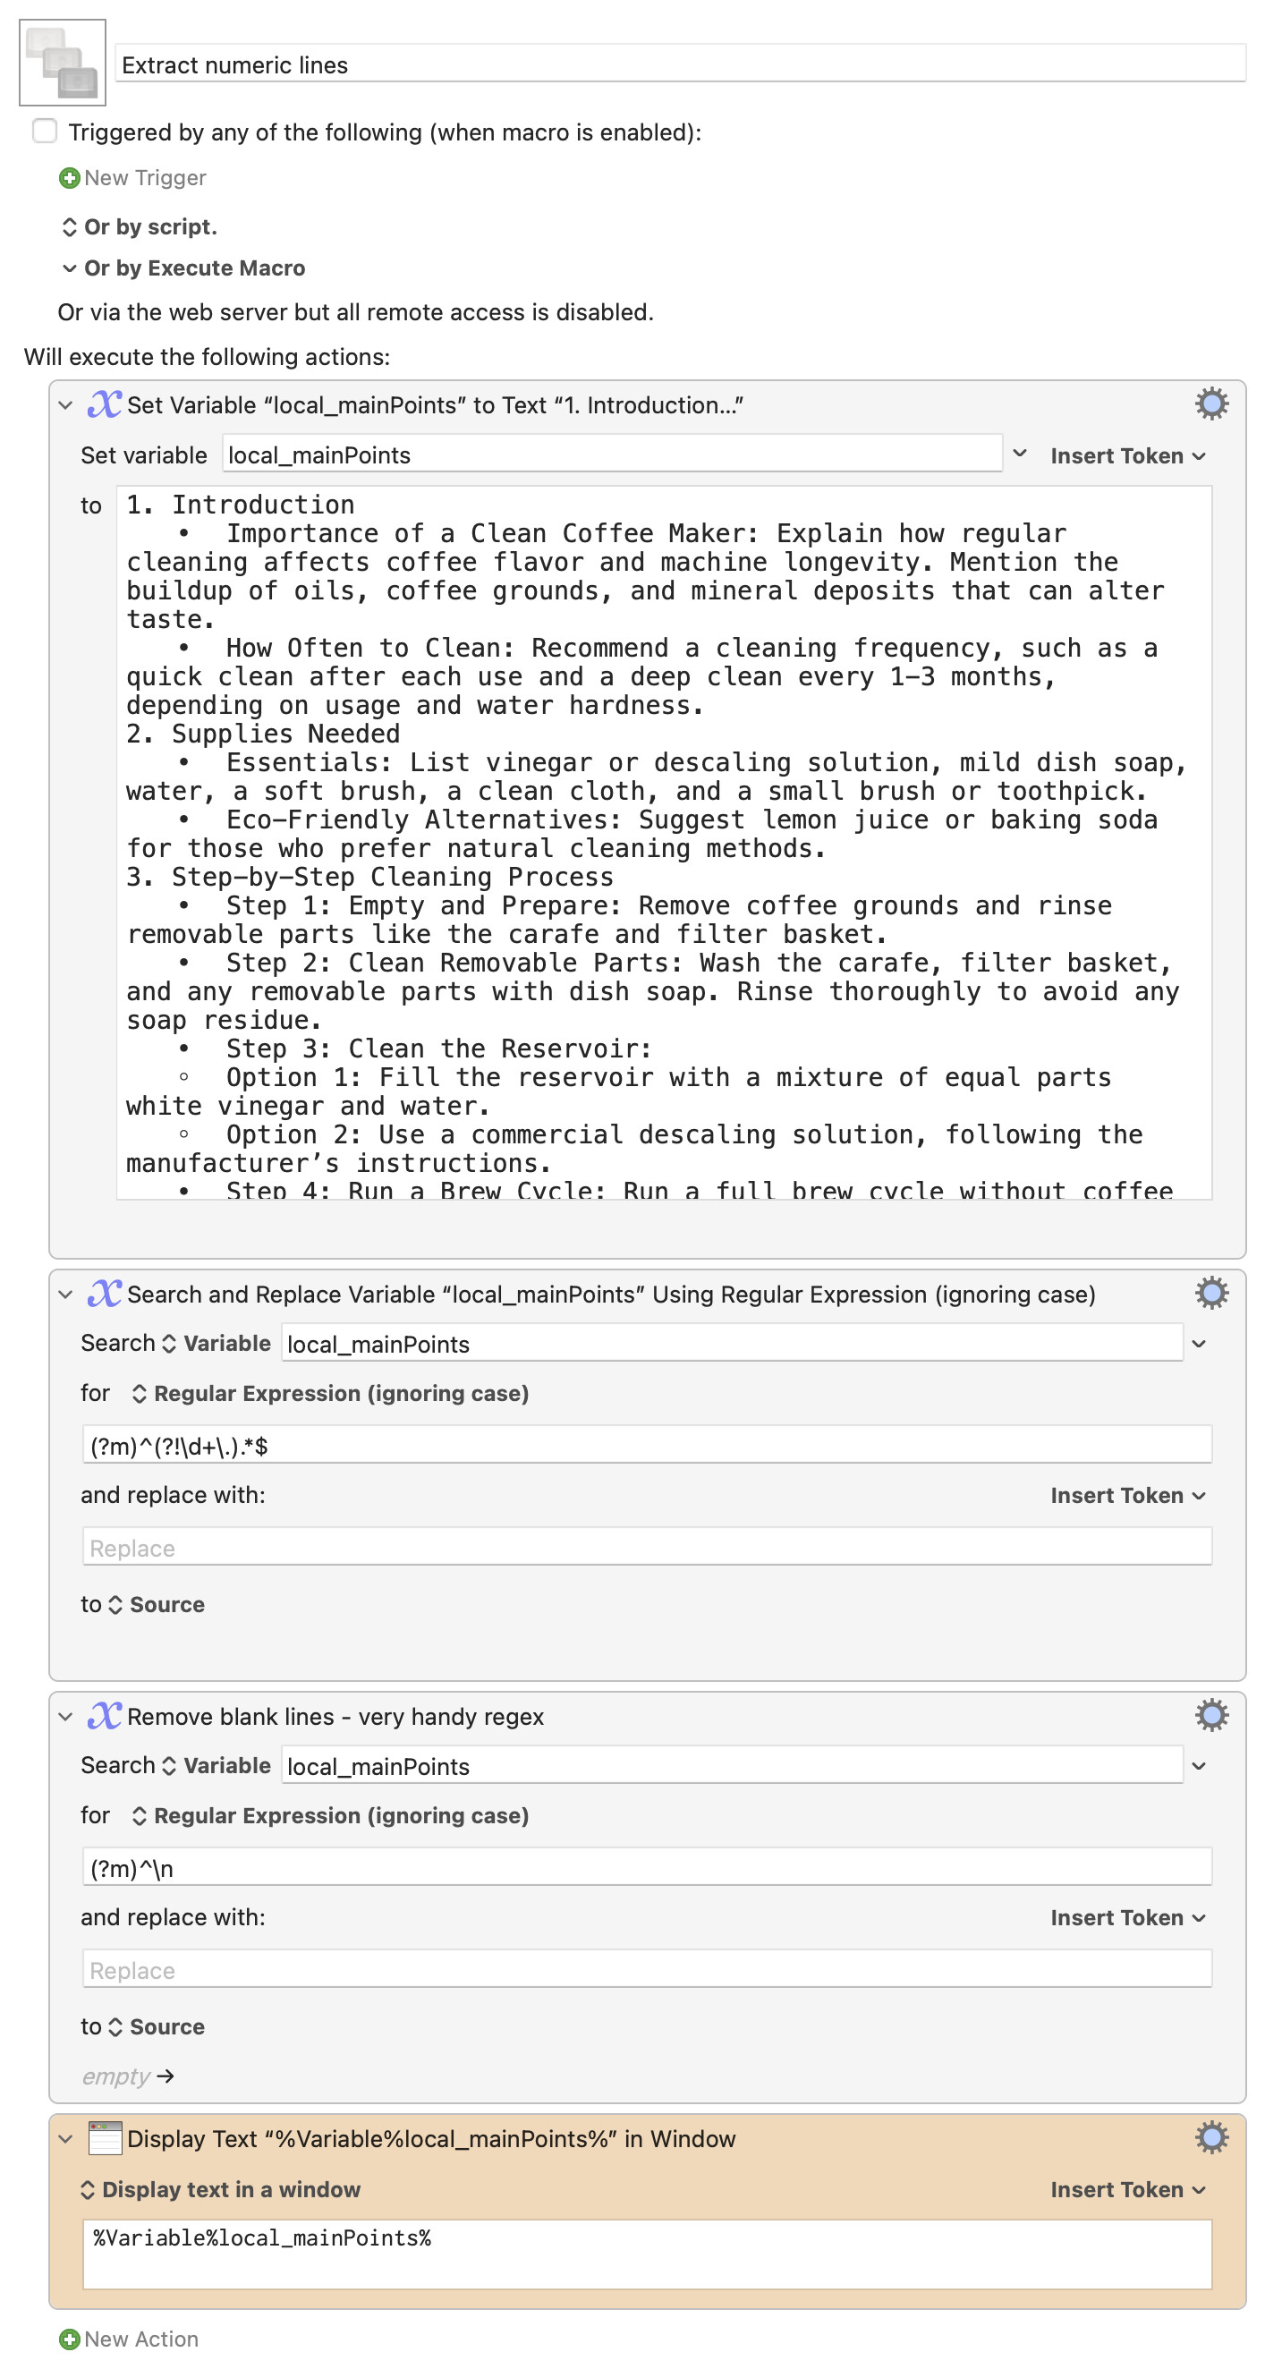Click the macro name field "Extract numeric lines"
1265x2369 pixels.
click(x=680, y=65)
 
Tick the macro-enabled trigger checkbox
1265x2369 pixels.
click(x=45, y=132)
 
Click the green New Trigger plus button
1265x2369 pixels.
click(x=69, y=177)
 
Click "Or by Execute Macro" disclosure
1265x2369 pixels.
click(x=193, y=267)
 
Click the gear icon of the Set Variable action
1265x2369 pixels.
click(x=1210, y=403)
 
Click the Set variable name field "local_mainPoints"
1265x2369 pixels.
click(x=611, y=455)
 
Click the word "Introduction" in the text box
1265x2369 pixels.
click(x=263, y=505)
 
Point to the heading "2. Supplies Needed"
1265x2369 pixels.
click(x=263, y=734)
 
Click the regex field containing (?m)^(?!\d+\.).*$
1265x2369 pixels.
click(x=646, y=1446)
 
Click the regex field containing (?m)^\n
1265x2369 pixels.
click(x=646, y=1868)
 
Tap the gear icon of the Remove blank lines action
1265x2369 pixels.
click(x=1210, y=1715)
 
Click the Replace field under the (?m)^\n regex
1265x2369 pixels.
click(x=646, y=1970)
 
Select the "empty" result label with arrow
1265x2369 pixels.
click(x=127, y=2076)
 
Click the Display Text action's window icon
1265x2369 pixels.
click(x=105, y=2138)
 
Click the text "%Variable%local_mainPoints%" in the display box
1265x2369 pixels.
click(x=262, y=2237)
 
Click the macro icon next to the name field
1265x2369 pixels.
click(x=63, y=63)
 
